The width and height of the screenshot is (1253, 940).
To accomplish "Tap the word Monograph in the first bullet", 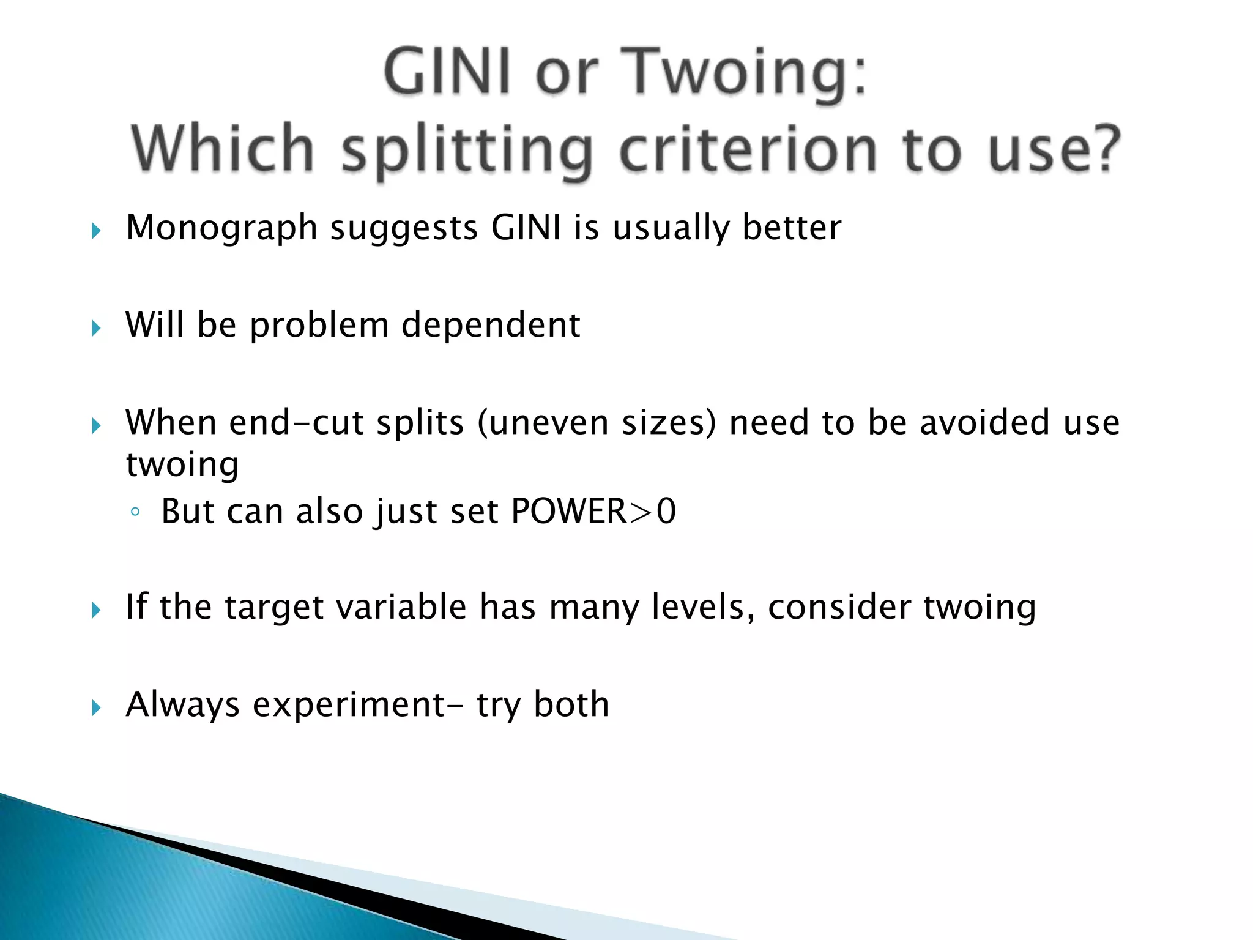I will point(221,228).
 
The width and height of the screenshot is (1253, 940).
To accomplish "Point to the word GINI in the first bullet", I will point(526,228).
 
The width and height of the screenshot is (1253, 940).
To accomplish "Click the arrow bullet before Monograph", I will point(96,231).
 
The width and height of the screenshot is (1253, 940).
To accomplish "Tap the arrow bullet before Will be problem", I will point(96,329).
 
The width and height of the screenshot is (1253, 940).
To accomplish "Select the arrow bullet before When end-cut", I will point(96,426).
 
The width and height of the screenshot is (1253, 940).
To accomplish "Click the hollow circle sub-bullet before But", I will point(136,513).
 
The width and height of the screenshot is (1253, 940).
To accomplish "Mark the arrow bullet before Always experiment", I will point(96,708).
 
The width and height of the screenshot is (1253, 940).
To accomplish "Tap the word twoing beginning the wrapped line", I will point(182,465).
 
